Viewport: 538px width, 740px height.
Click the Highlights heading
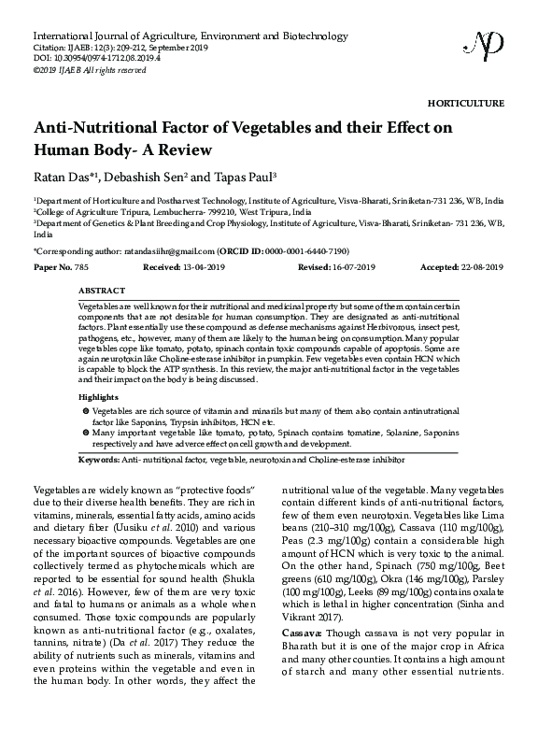(99, 397)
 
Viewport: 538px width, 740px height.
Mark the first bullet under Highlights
(86, 411)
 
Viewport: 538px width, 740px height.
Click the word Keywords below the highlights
(100, 460)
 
